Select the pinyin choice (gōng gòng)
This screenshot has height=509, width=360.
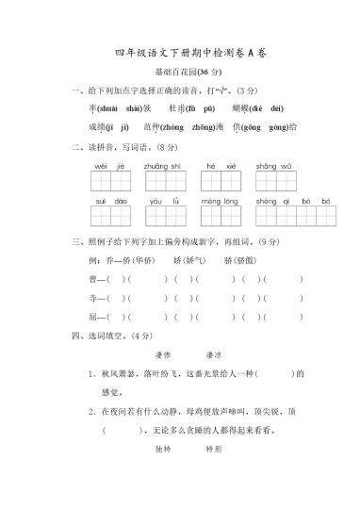click(265, 125)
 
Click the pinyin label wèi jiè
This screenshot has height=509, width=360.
click(110, 165)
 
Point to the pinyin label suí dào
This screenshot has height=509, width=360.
click(110, 201)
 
